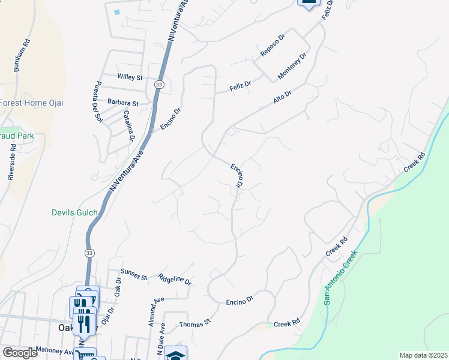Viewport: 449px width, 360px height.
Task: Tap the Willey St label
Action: [x=130, y=77]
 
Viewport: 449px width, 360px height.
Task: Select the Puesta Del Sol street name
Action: [x=97, y=102]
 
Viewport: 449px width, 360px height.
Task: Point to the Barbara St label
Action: [x=123, y=103]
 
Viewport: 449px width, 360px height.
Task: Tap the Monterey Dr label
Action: [x=292, y=67]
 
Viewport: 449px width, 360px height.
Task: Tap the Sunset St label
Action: [x=134, y=275]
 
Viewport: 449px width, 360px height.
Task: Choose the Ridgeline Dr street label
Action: [x=174, y=280]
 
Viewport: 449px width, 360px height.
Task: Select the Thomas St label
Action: [x=196, y=323]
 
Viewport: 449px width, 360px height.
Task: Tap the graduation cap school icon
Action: [x=175, y=355]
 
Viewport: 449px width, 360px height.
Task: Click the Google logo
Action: [x=20, y=353]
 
